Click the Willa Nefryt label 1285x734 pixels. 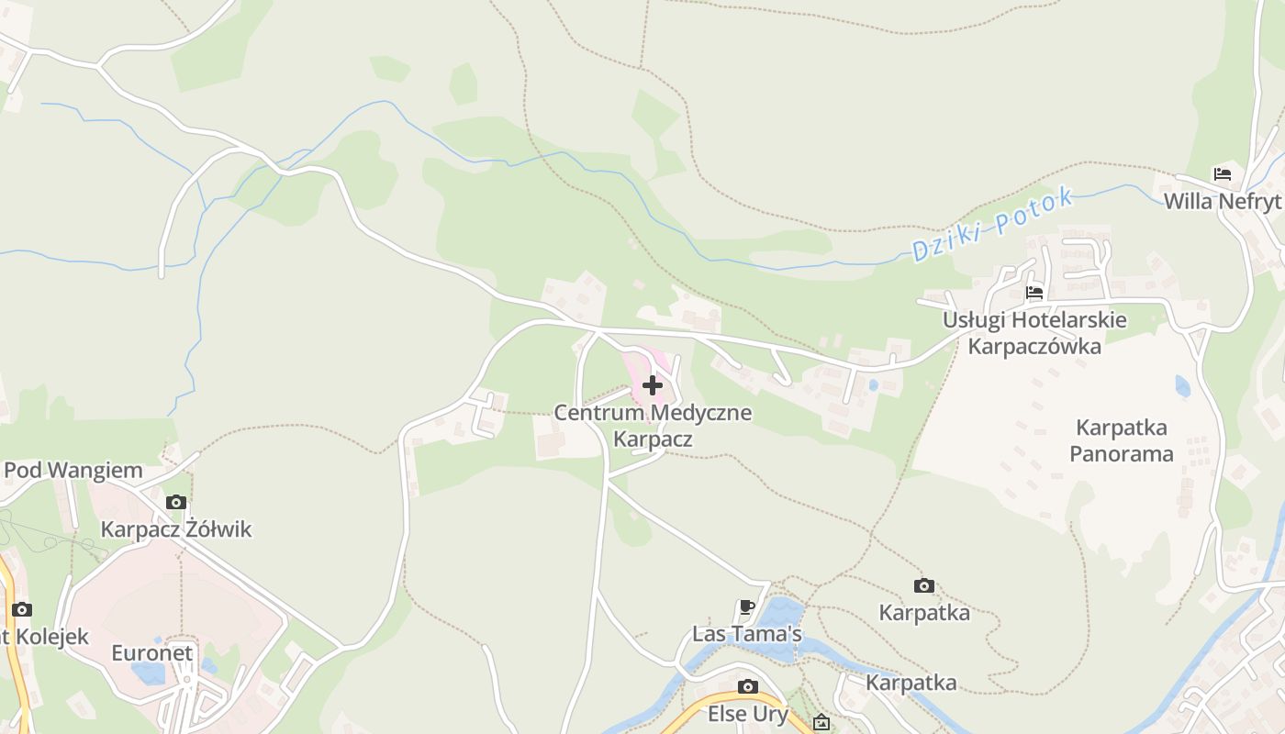tap(1222, 201)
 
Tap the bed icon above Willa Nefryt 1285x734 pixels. tap(1222, 173)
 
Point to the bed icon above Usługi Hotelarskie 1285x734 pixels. tap(1034, 293)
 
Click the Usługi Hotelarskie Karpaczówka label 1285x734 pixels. tap(1034, 333)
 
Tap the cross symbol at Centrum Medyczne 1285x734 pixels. tap(653, 385)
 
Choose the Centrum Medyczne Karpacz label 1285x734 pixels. tap(653, 426)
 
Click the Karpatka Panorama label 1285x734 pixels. tap(1121, 440)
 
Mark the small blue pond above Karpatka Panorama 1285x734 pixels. tap(1182, 386)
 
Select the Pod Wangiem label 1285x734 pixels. tap(73, 471)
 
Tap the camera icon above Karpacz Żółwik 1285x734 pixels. tap(176, 502)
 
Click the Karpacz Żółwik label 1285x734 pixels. tap(175, 529)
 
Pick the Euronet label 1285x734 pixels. tap(152, 653)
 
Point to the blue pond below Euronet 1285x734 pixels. tap(149, 674)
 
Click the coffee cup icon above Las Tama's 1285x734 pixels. tap(747, 606)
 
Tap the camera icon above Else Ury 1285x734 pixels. tap(748, 686)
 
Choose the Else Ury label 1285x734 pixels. tap(748, 714)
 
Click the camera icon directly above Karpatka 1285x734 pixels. tap(924, 585)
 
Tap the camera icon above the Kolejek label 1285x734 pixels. tap(21, 609)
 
